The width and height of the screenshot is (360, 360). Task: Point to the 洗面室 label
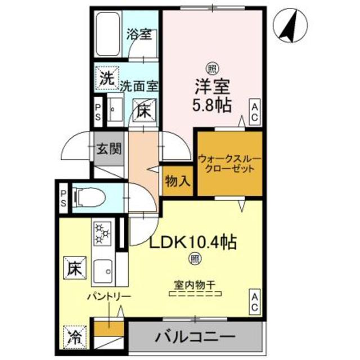click(x=139, y=86)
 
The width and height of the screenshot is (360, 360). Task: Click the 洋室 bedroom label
click(x=213, y=87)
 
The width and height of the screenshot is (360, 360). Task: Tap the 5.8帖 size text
click(x=213, y=106)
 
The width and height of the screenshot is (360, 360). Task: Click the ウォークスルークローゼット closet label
click(x=229, y=164)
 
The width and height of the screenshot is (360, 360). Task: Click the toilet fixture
click(x=91, y=197)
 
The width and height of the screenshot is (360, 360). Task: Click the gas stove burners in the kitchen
click(x=103, y=234)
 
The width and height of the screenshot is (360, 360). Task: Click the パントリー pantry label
click(x=109, y=297)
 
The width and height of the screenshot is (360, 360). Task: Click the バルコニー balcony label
click(x=195, y=338)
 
